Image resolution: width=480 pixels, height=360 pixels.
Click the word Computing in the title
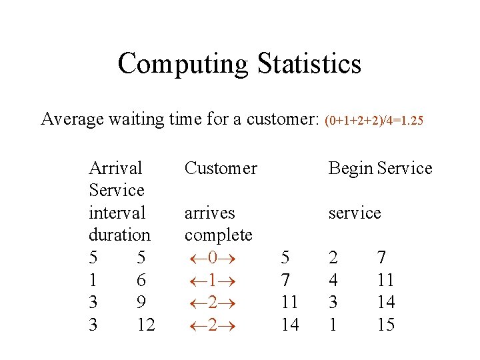click(183, 64)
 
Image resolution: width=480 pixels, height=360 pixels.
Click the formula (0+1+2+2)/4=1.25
click(373, 121)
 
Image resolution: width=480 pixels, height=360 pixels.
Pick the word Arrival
click(115, 168)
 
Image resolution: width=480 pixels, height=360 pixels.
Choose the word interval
click(117, 213)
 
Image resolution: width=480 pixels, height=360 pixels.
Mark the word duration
click(119, 235)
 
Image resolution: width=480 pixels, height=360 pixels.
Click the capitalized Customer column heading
click(221, 168)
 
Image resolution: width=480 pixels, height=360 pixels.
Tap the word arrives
click(209, 213)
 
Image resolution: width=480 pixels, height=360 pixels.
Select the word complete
click(218, 235)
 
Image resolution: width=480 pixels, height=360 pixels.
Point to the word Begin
click(350, 168)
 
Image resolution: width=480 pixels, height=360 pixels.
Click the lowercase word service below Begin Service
click(354, 213)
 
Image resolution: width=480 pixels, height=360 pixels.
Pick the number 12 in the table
click(145, 325)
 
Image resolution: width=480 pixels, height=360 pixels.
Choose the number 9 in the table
click(141, 303)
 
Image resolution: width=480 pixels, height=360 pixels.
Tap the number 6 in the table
click(141, 280)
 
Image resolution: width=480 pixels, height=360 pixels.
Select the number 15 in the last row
click(385, 325)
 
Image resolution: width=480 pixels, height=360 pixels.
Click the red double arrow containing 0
click(212, 258)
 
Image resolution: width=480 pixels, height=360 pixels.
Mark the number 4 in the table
click(334, 280)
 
